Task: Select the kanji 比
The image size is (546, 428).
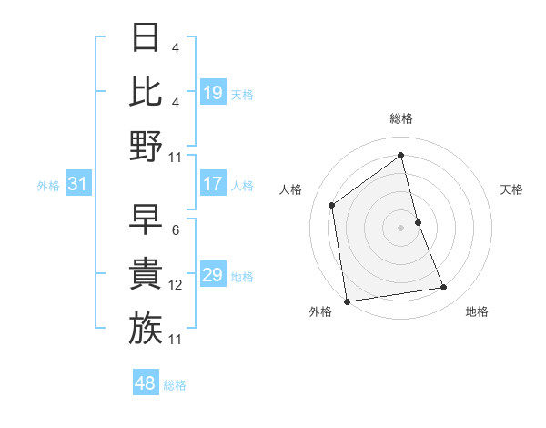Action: coord(146,92)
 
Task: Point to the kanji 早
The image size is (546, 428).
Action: coord(146,219)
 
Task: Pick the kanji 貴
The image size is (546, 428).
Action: coord(146,274)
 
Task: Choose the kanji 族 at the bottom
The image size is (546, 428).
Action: coord(146,327)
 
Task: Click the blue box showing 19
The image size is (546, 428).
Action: coord(213,92)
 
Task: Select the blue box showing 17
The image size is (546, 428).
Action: coord(213,184)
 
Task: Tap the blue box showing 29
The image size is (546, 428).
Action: coord(213,275)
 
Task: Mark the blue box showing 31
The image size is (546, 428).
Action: coord(78,185)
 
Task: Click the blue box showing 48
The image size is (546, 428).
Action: coord(146,383)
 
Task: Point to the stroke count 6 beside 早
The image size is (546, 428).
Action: coord(175,230)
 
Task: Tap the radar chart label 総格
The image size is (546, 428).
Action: coord(400,118)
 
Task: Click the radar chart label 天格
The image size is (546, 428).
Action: coord(512,189)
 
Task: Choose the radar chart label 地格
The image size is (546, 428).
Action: coord(477,311)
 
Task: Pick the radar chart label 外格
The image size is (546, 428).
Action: coord(320,311)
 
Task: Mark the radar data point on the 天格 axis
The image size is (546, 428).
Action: coord(418,221)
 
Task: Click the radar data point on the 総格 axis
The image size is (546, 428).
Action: coord(400,155)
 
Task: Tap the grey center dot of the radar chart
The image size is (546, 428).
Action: coord(400,227)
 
